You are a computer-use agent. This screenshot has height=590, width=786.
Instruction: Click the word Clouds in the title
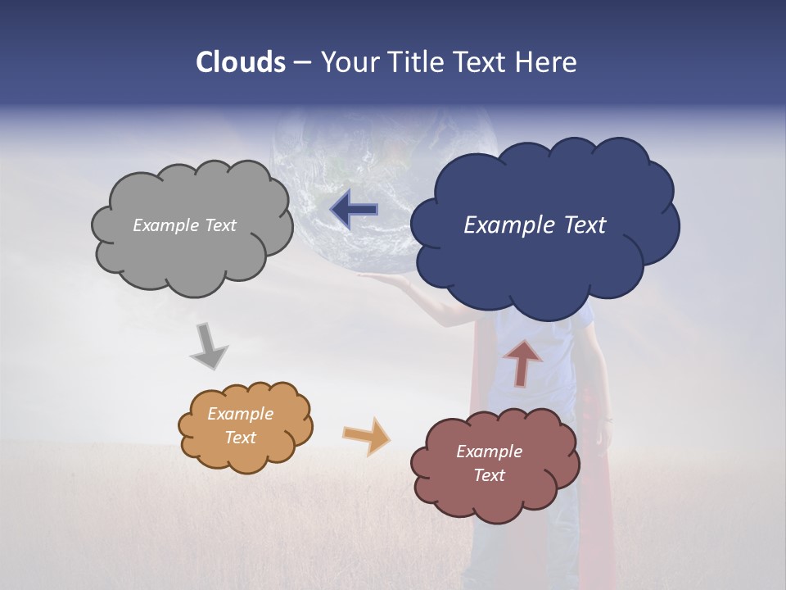pyautogui.click(x=241, y=62)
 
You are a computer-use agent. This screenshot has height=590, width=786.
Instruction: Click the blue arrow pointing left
pyautogui.click(x=355, y=210)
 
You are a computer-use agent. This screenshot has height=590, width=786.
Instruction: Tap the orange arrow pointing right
pyautogui.click(x=367, y=436)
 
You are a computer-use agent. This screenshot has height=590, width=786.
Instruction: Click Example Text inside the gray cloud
pyautogui.click(x=184, y=225)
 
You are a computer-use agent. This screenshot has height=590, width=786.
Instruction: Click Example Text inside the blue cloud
pyautogui.click(x=535, y=225)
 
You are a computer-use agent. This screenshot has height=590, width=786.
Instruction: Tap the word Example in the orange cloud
pyautogui.click(x=240, y=415)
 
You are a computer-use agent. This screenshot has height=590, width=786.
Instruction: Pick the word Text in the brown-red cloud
pyautogui.click(x=489, y=475)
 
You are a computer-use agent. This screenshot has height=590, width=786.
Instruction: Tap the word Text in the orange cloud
pyautogui.click(x=240, y=438)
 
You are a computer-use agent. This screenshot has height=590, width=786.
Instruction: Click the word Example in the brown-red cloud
pyautogui.click(x=489, y=452)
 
